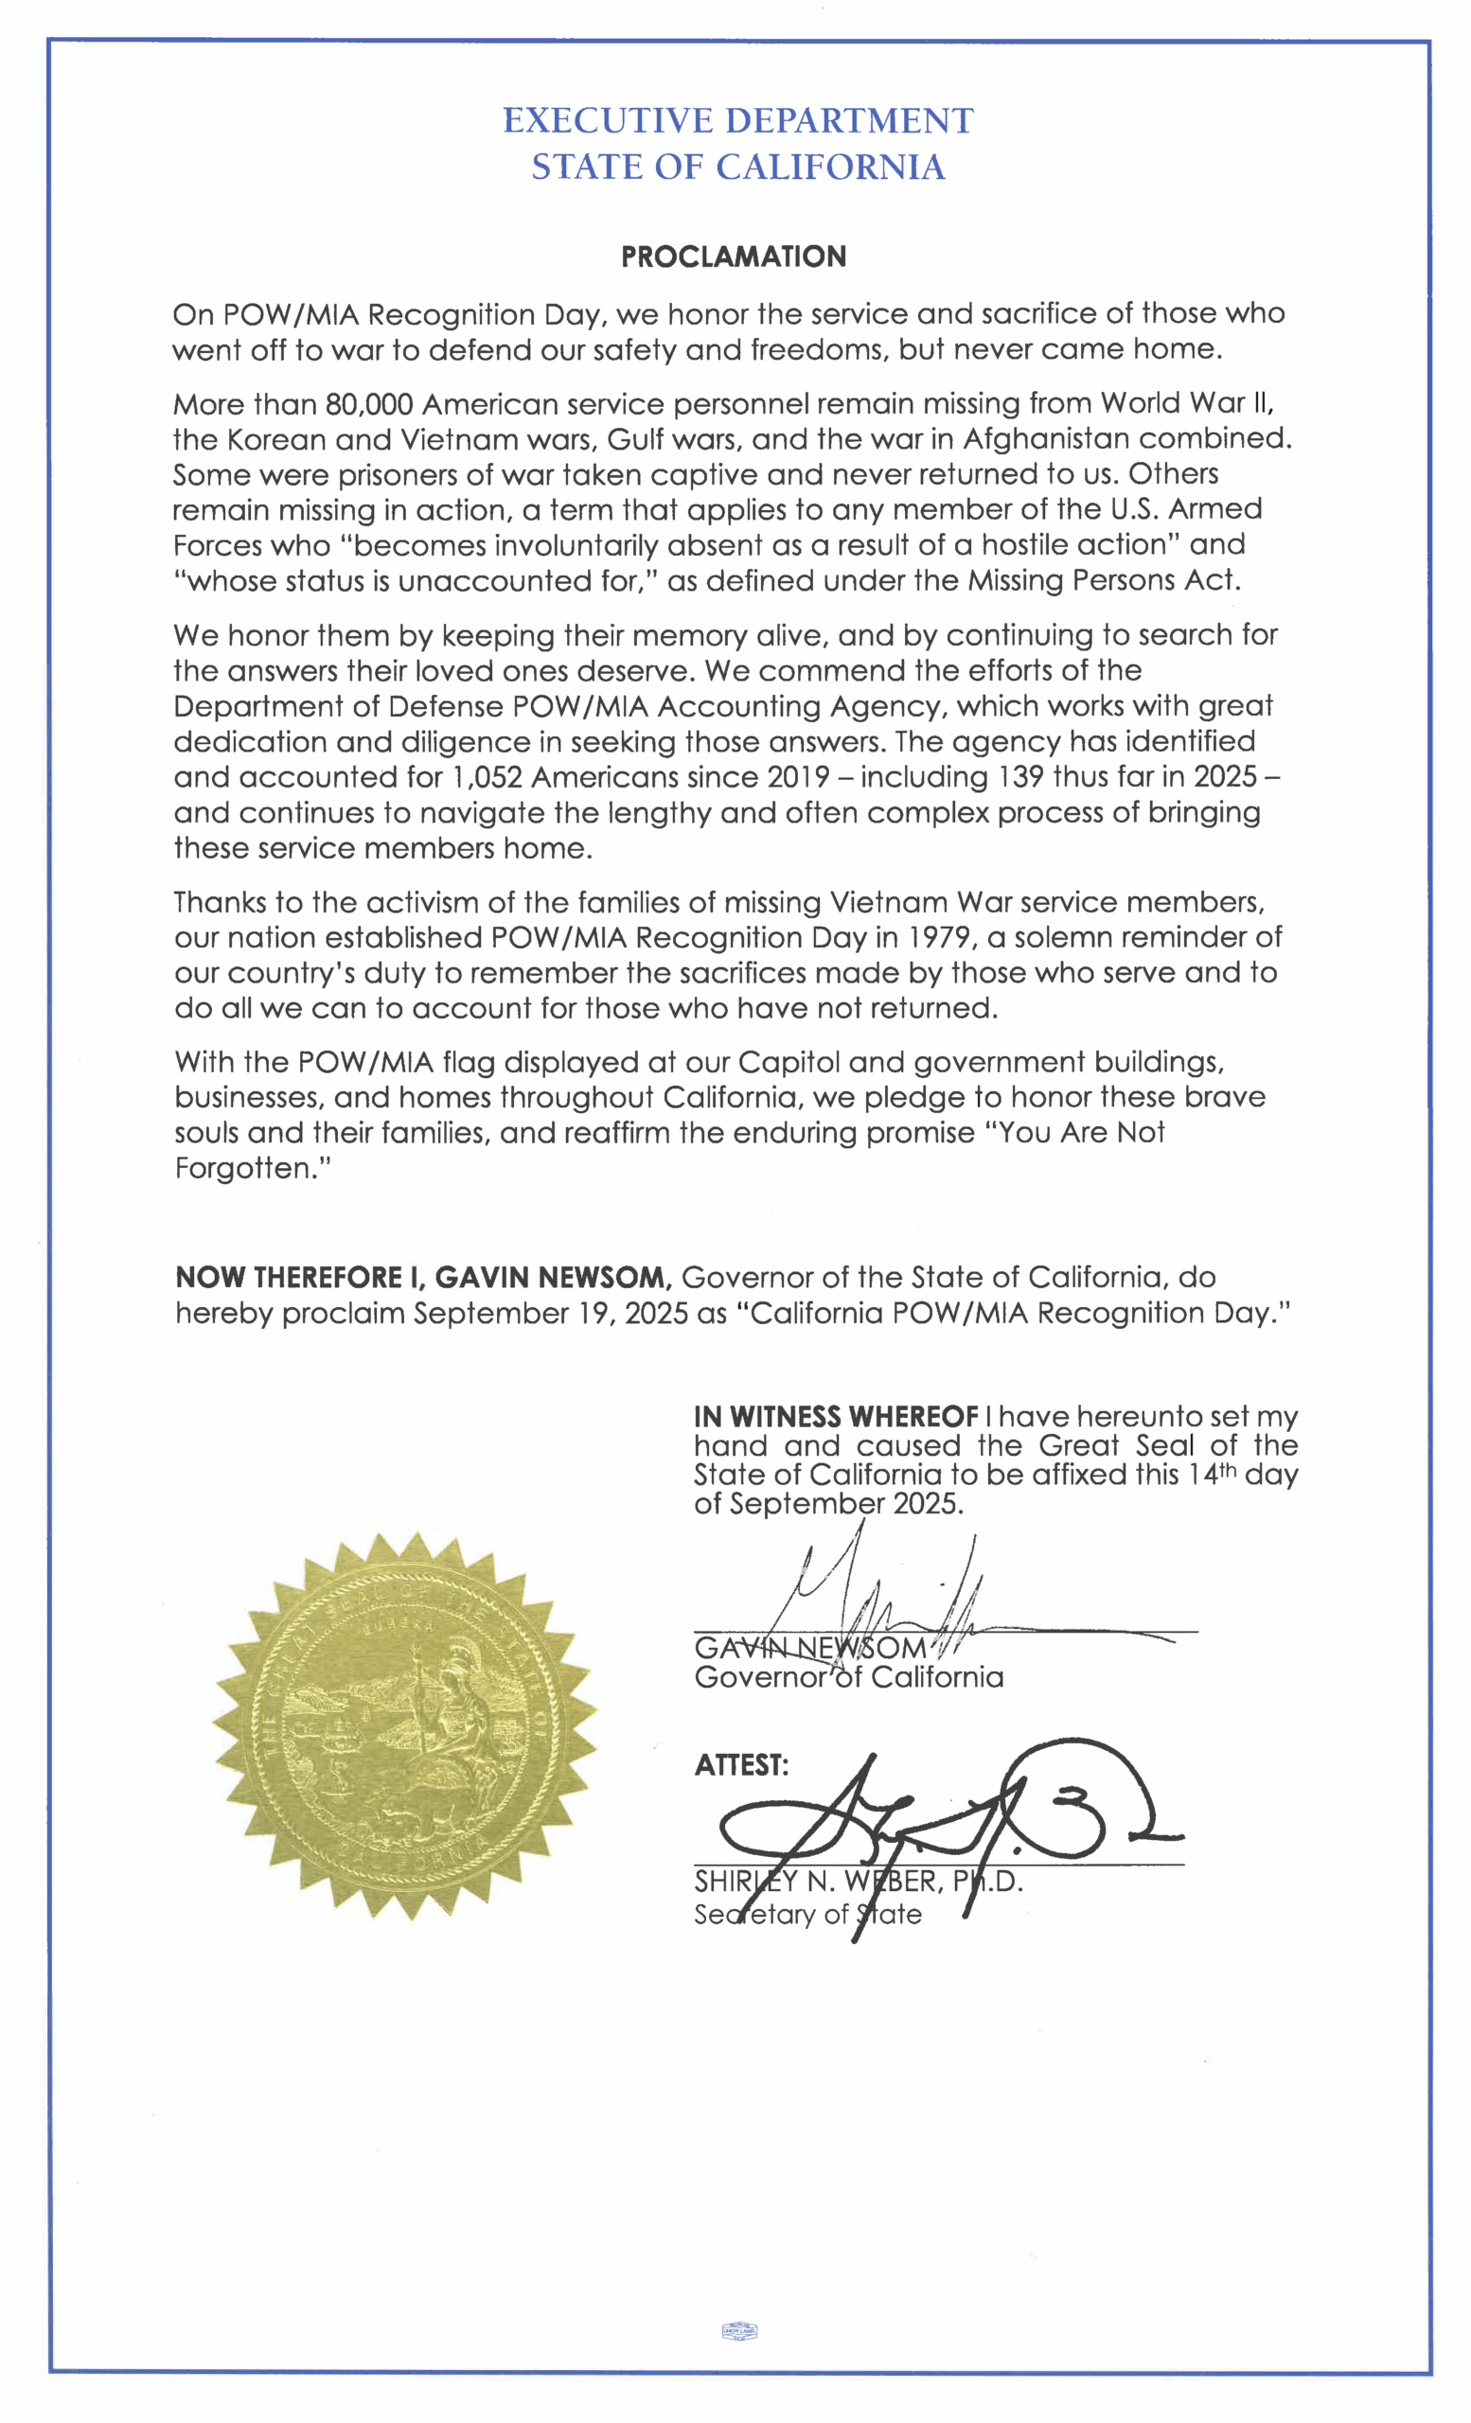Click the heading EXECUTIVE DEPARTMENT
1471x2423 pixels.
(x=737, y=121)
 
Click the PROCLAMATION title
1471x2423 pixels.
(x=734, y=256)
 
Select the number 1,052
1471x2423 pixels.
(x=487, y=777)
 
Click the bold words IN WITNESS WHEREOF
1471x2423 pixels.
(x=836, y=1417)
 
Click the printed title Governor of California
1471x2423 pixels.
(x=848, y=1676)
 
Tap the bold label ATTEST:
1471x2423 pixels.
(x=741, y=1765)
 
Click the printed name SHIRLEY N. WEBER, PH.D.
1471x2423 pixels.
(x=859, y=1883)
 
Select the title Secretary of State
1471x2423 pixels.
(x=807, y=1915)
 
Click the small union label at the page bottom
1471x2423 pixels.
(x=739, y=2330)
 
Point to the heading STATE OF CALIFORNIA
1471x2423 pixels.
(x=738, y=168)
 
